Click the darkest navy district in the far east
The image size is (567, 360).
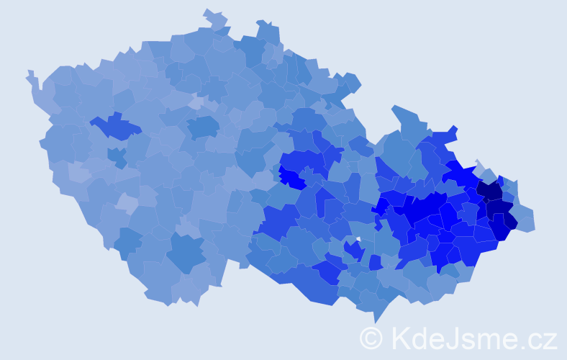click(491, 191)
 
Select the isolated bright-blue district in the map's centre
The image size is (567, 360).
click(292, 177)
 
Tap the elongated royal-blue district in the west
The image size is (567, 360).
click(115, 127)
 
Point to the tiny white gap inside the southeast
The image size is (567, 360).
click(358, 239)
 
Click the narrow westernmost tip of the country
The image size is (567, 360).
click(30, 75)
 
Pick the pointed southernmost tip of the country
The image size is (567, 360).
click(376, 319)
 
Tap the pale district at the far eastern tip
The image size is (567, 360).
click(526, 222)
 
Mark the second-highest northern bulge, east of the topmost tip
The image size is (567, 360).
click(268, 30)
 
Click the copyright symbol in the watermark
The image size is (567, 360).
click(371, 337)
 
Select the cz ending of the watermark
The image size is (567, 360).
click(543, 338)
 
